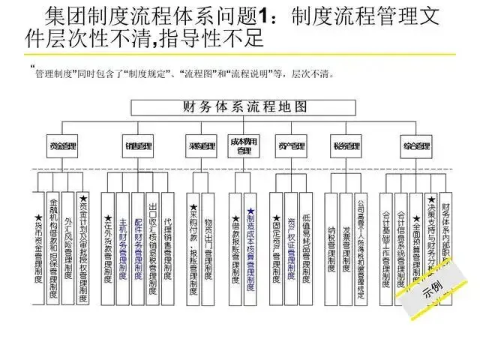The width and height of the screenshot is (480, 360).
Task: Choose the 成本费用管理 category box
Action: [244, 145]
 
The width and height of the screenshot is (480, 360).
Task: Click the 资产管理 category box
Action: [286, 145]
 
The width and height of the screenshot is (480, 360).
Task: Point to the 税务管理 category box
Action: [346, 145]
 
